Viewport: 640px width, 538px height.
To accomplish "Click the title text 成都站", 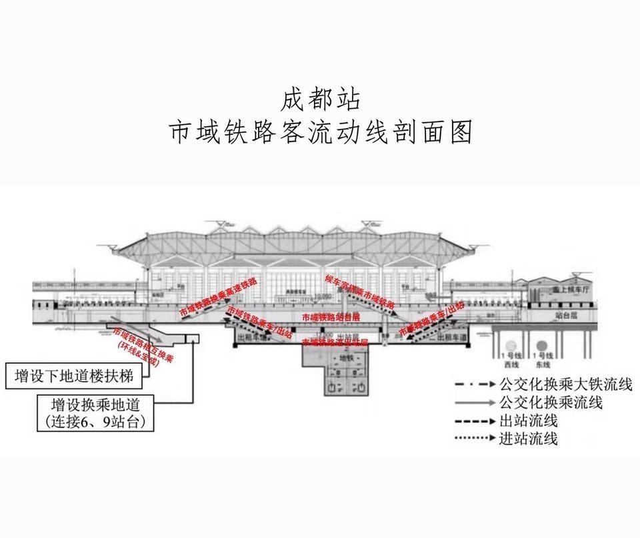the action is point(320,99).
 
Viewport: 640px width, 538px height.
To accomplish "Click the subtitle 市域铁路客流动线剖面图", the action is point(320,132).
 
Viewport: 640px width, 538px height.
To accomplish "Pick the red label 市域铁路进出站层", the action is point(335,342).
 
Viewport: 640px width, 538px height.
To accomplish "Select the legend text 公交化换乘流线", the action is point(551,402).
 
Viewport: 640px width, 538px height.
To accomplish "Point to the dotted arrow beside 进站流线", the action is point(475,439).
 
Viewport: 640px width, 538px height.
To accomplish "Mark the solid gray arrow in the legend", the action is point(475,403).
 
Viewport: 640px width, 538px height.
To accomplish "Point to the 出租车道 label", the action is point(441,338).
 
